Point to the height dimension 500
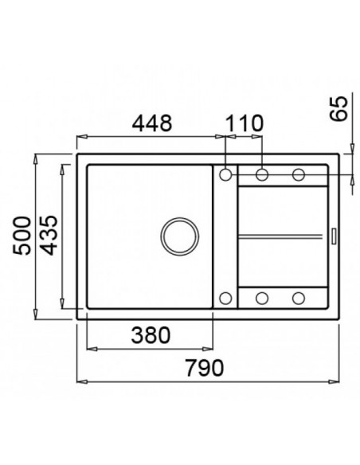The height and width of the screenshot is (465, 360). (23, 236)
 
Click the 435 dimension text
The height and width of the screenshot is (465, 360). (49, 236)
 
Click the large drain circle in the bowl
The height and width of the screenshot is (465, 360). (178, 236)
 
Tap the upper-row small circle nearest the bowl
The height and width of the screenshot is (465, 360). (225, 174)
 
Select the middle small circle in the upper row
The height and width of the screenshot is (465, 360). (262, 174)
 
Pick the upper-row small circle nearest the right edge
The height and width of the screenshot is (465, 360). (299, 174)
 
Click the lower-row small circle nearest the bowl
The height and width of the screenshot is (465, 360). (225, 299)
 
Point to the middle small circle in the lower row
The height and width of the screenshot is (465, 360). (262, 299)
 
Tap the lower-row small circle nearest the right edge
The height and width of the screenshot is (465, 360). (299, 299)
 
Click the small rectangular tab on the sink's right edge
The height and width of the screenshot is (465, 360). (333, 236)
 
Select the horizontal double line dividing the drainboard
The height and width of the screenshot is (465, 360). (282, 236)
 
